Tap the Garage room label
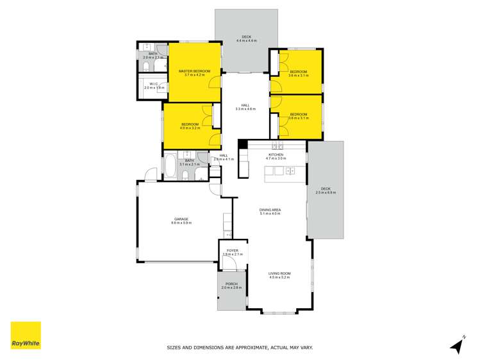click(181, 218)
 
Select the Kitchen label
click(276, 154)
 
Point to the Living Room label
click(279, 274)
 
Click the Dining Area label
click(270, 209)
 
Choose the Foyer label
click(231, 250)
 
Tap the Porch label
click(231, 284)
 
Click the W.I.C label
click(153, 84)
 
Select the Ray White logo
click(26, 336)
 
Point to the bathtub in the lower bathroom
click(171, 167)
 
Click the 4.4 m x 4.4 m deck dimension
click(247, 40)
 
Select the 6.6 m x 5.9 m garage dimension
click(181, 223)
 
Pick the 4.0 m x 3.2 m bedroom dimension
click(190, 128)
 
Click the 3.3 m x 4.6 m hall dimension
click(245, 109)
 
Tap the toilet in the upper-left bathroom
click(147, 67)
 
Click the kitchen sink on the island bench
click(290, 170)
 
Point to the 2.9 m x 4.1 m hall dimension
click(224, 159)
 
